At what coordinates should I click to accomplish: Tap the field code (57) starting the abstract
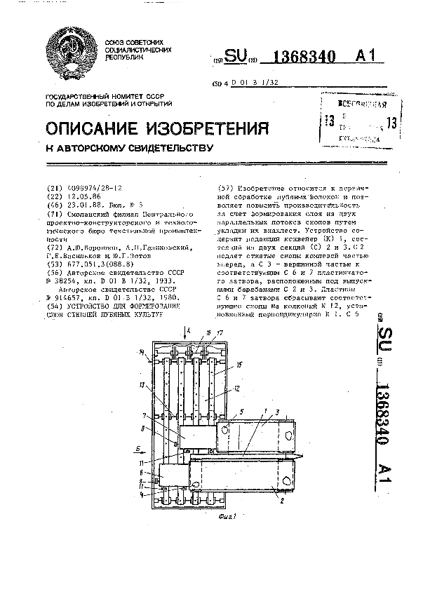(226, 188)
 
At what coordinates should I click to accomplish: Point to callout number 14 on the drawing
(142, 351)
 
